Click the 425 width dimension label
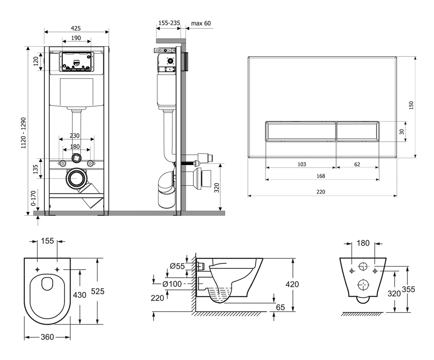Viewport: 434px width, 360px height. tap(76, 28)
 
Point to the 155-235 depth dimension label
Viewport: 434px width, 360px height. tap(169, 23)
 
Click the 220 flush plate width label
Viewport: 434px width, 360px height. tap(320, 192)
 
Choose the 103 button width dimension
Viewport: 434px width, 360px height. tap(301, 164)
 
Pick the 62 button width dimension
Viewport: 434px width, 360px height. tap(357, 164)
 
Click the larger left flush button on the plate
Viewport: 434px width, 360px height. tap(300, 131)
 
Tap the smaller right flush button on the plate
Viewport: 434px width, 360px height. tap(357, 131)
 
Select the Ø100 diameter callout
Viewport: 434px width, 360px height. tap(172, 284)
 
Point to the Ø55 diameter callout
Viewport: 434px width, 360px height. tap(177, 266)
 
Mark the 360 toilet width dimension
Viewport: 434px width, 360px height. tap(47, 337)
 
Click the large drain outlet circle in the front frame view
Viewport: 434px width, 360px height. tap(76, 178)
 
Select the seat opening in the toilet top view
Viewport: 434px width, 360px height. tap(47, 284)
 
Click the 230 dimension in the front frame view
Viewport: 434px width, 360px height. tap(75, 136)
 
